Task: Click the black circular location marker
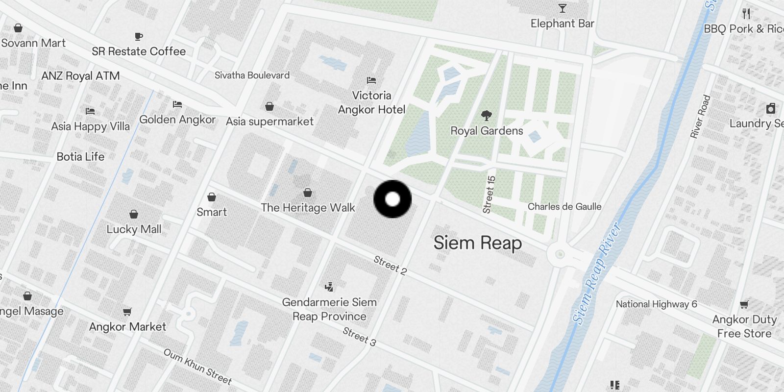point(392,199)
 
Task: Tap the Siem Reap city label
point(478,243)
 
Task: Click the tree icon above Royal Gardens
point(487,116)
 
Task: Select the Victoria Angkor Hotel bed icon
point(371,80)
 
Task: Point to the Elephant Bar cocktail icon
point(563,9)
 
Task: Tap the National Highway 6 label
point(656,304)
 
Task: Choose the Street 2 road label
point(390,265)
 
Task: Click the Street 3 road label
point(359,337)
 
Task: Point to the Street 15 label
point(489,195)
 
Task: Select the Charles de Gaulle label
point(564,207)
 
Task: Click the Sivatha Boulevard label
point(252,75)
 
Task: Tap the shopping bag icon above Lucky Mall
point(133,214)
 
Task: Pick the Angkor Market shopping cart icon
point(127,312)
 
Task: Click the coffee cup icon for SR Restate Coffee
point(139,36)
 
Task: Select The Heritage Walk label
point(308,208)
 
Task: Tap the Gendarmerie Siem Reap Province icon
point(329,287)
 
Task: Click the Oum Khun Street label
point(197,367)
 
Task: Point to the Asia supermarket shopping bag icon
point(269,106)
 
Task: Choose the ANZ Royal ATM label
point(80,76)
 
